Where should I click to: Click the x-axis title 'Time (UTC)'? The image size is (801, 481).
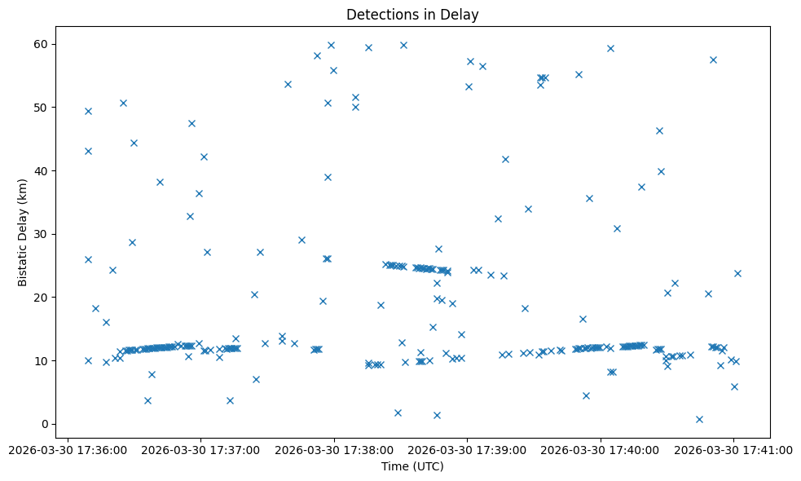click(x=412, y=466)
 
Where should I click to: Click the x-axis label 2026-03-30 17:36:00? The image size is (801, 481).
click(x=67, y=450)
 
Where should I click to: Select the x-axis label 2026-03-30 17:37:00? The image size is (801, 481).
click(x=200, y=450)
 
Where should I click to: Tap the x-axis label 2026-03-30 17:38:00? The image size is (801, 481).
click(x=334, y=450)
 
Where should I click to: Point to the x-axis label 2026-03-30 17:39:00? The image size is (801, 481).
click(x=468, y=450)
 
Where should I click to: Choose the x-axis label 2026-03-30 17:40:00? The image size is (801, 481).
click(x=601, y=450)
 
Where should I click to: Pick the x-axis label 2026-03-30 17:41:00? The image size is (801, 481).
click(x=734, y=450)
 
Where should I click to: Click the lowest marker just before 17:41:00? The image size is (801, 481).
click(x=699, y=419)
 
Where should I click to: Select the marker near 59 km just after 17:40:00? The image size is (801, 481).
click(x=610, y=48)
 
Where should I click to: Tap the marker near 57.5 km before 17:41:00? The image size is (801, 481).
click(x=713, y=60)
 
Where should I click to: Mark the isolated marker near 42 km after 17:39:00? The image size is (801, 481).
click(x=505, y=159)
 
